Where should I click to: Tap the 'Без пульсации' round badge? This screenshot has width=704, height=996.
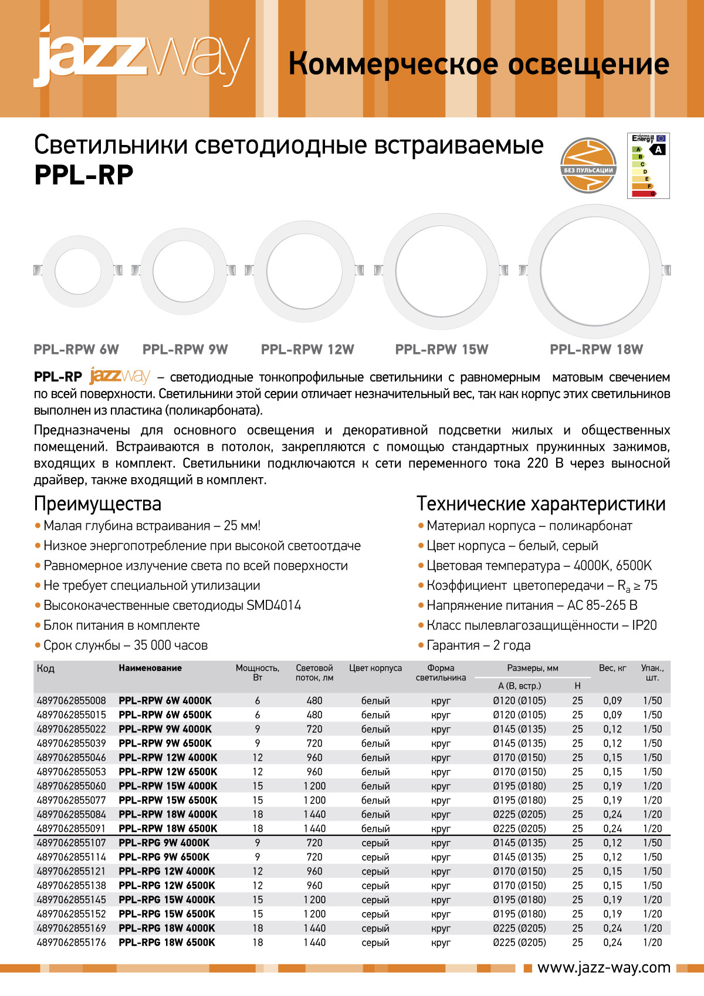pos(588,166)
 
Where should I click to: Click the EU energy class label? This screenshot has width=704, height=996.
pos(648,166)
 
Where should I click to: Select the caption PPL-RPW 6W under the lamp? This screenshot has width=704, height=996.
pos(76,350)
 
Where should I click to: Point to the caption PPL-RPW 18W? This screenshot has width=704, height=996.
pos(596,350)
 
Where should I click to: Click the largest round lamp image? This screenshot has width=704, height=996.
pos(596,271)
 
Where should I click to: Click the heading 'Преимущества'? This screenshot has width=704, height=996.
pos(97,504)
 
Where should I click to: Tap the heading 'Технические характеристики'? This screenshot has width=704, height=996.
pos(541,504)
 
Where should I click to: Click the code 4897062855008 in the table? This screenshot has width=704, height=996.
pos(72,701)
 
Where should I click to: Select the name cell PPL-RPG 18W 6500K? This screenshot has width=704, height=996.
pos(167,943)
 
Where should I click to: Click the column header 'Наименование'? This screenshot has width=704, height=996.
pos(150,668)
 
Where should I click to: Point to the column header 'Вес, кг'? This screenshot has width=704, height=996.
pos(612,668)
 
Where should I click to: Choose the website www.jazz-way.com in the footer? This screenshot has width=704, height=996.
pos(604,968)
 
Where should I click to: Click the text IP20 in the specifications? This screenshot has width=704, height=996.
pos(644,626)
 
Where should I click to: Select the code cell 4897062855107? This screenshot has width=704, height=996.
pos(72,843)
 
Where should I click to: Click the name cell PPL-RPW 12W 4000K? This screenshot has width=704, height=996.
pos(168,758)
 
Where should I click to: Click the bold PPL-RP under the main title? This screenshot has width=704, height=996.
pos(84,175)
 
